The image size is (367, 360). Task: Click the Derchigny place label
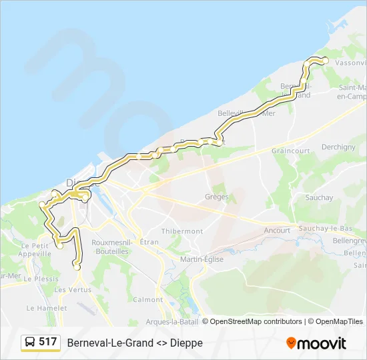(x=338, y=147)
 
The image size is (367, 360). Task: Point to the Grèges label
(x=217, y=197)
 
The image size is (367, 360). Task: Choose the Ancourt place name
(x=277, y=231)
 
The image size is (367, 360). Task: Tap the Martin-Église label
(x=202, y=259)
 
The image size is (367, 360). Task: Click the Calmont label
(x=147, y=300)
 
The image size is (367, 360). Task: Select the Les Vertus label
(x=72, y=290)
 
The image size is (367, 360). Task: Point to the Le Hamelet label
(x=47, y=309)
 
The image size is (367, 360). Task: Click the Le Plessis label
(x=41, y=279)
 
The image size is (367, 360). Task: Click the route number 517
(x=47, y=342)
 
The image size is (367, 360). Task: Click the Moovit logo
(x=316, y=343)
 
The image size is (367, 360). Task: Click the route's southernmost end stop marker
(x=77, y=267)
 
